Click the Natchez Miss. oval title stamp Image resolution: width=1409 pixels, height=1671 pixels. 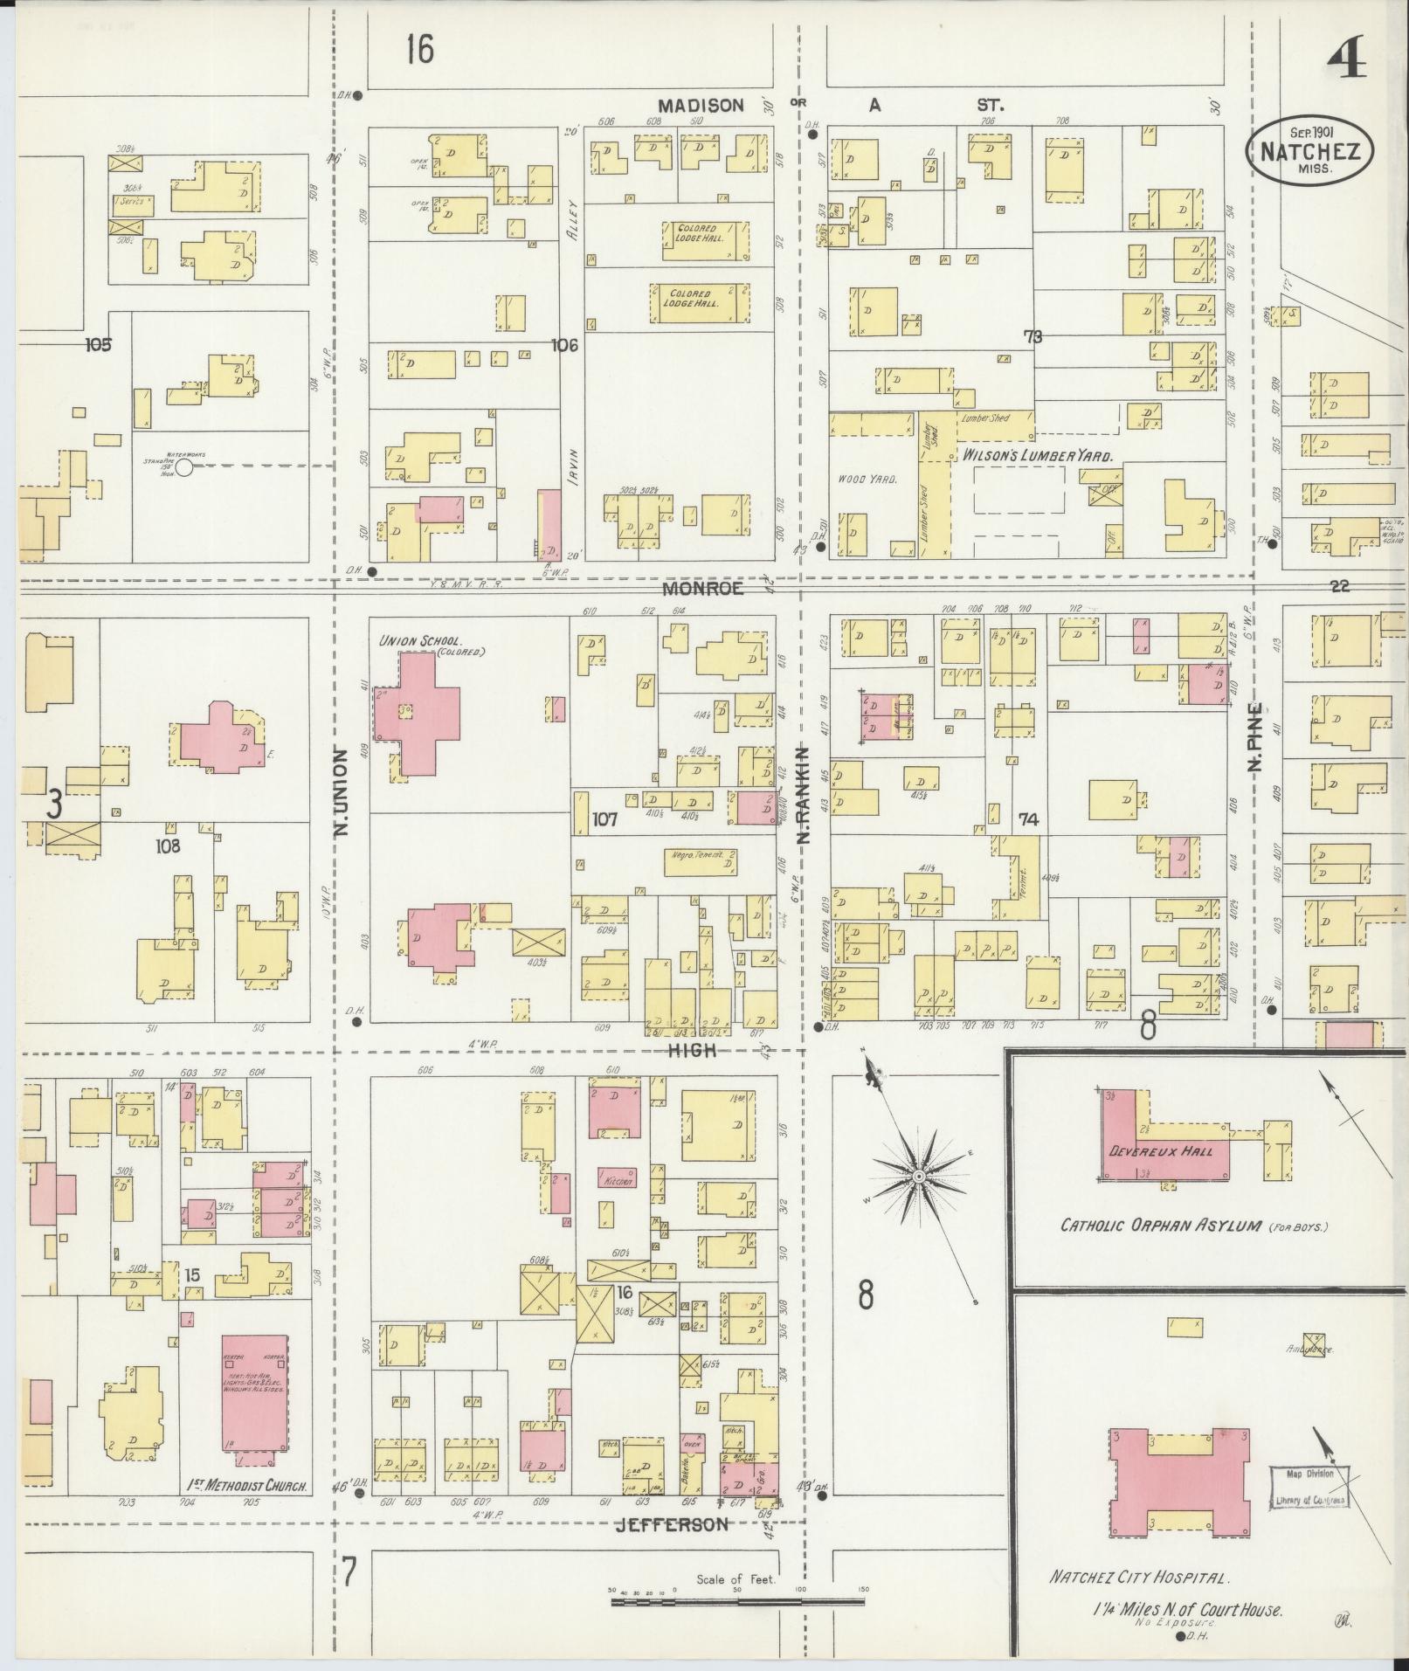1309,150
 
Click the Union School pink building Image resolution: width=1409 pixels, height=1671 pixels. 418,713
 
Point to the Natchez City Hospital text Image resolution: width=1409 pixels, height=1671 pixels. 1139,1578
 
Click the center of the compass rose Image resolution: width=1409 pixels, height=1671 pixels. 919,1177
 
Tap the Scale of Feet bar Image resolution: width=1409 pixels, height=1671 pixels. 739,1602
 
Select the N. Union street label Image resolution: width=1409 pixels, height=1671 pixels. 342,790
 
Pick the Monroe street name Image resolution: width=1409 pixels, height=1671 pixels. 702,589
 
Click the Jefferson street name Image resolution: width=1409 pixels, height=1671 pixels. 671,1524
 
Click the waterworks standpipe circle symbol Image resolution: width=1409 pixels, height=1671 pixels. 184,468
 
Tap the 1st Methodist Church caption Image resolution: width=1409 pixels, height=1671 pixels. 247,1484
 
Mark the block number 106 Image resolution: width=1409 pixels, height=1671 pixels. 564,346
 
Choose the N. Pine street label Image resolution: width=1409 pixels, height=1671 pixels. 1256,737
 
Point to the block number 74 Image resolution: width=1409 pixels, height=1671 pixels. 1027,819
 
